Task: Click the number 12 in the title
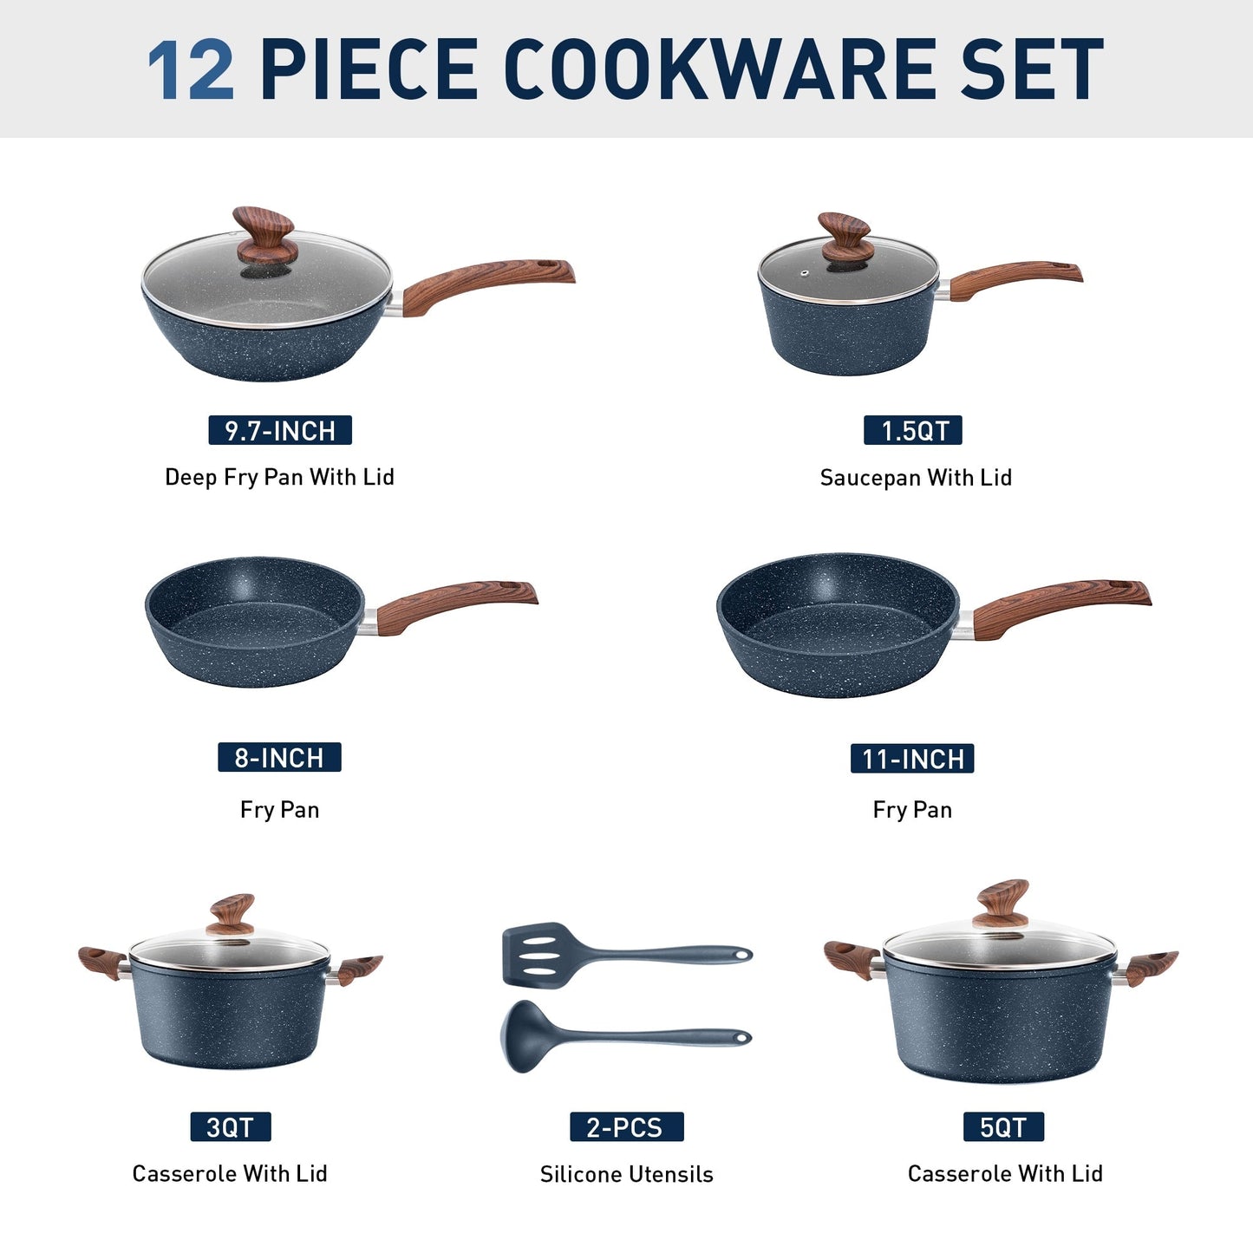191,70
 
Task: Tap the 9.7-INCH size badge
280,431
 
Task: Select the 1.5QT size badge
913,431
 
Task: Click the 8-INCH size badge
279,758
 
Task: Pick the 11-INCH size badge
912,759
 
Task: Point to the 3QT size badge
231,1127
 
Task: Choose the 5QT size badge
1003,1127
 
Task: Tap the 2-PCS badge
626,1127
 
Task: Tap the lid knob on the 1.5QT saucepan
845,237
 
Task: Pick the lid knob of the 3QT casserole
232,914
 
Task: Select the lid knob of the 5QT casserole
1001,903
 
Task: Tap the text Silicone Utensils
626,1174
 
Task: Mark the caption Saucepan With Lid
916,478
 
